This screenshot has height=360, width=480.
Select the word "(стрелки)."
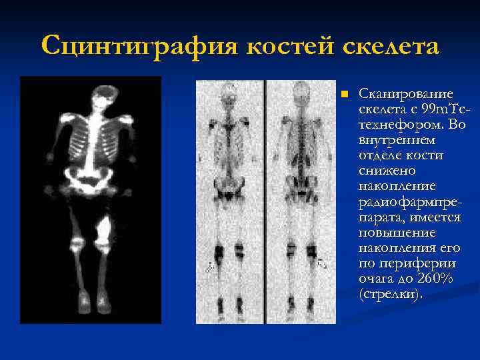pyautogui.click(x=390, y=294)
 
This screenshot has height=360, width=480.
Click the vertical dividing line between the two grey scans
pyautogui.click(x=265, y=200)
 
